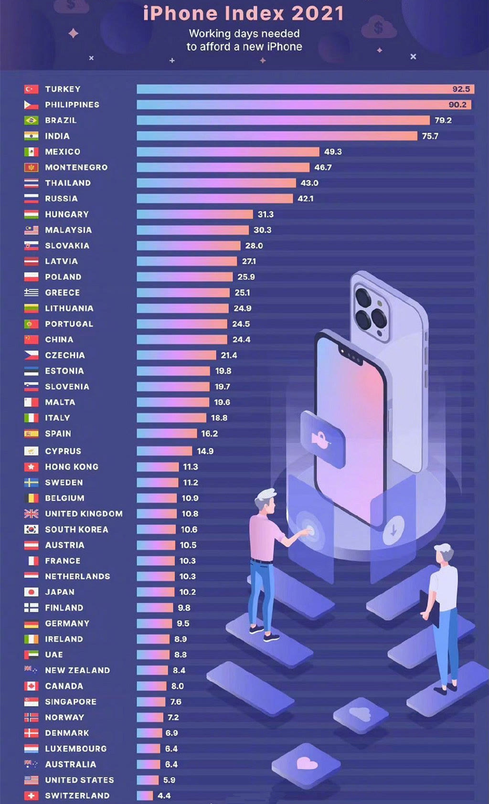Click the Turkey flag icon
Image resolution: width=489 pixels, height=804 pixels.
[x=31, y=89]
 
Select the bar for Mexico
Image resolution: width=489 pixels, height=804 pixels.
[x=228, y=152]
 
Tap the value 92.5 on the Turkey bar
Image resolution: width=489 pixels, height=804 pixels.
[x=461, y=89]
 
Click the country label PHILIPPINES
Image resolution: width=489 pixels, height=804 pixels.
[x=72, y=105]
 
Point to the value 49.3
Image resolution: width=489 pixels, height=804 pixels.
[x=333, y=152]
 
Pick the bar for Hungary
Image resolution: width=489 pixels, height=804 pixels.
[x=195, y=214]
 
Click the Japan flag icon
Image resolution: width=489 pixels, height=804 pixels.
[x=31, y=592]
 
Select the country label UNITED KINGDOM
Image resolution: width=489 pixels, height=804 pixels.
[x=84, y=514]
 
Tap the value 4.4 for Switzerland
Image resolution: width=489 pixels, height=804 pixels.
[x=164, y=795]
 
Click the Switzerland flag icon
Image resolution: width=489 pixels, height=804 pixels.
[x=31, y=795]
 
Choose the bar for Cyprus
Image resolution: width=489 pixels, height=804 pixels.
[x=164, y=451]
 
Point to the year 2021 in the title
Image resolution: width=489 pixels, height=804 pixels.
[x=318, y=13]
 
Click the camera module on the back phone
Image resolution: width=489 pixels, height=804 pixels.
[x=371, y=310]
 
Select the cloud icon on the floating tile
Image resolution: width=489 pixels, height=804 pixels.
[x=360, y=714]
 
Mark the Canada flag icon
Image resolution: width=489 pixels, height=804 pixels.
[x=31, y=686]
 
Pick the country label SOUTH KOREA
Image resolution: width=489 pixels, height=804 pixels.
[x=76, y=529]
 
